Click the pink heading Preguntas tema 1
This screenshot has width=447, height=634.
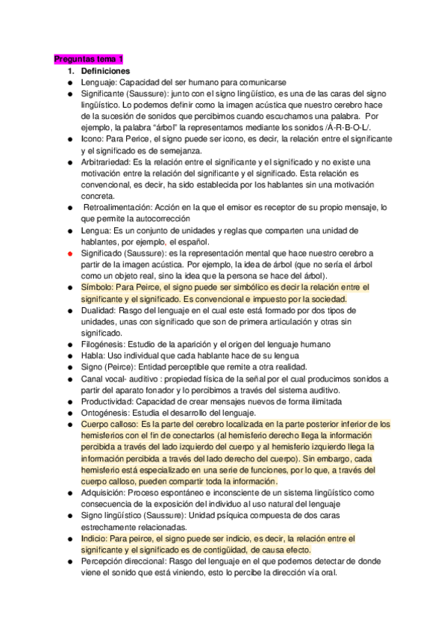[x=88, y=59]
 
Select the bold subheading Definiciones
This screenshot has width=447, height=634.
[x=106, y=70]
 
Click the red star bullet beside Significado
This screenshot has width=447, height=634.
[x=69, y=254]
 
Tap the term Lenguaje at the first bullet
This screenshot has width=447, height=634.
[x=99, y=82]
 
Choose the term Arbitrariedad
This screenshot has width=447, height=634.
[x=105, y=162]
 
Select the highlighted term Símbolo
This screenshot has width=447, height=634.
[x=99, y=288]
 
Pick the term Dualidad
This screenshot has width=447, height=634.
[x=99, y=310]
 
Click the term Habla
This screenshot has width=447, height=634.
[x=93, y=355]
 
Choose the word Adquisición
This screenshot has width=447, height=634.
[x=104, y=493]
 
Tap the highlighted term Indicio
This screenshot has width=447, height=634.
[x=96, y=538]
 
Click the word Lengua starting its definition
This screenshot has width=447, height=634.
[x=96, y=230]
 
